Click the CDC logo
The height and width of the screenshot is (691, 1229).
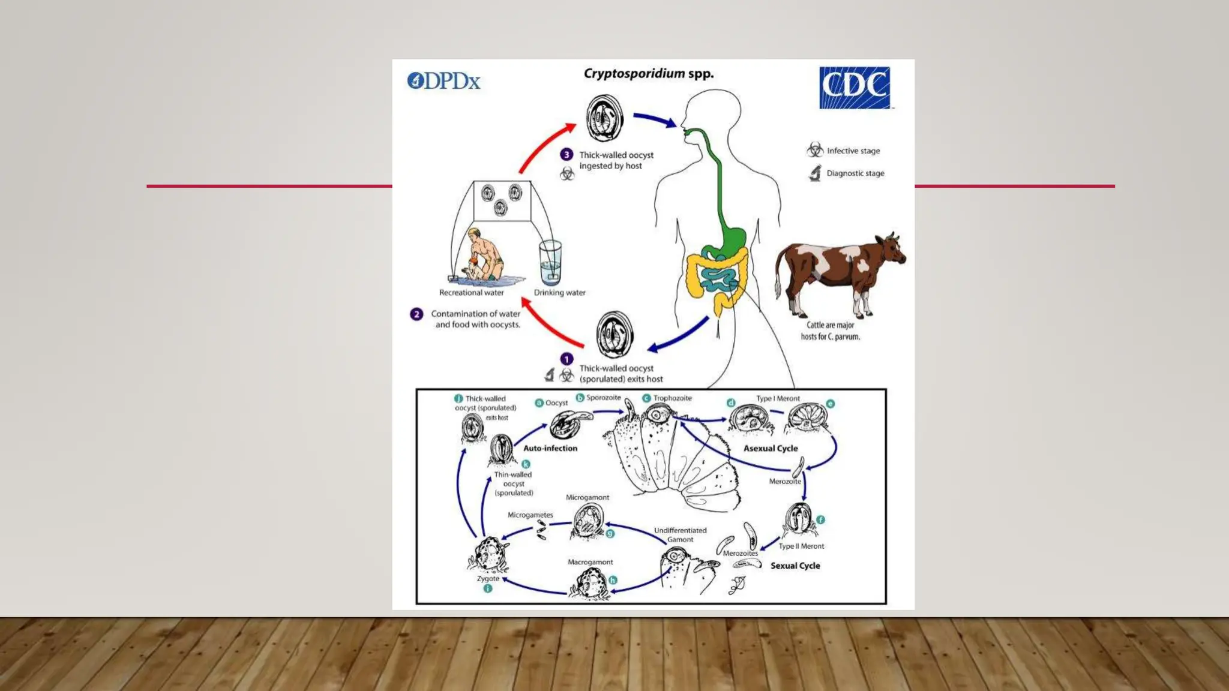tap(855, 88)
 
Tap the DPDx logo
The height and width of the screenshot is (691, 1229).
tap(444, 81)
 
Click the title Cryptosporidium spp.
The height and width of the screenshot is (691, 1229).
tap(649, 74)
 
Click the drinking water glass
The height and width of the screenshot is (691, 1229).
tap(550, 262)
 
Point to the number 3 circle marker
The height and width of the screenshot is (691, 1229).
tap(566, 155)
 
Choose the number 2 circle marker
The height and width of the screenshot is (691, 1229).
tap(416, 314)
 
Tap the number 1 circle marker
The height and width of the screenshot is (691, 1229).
tap(566, 359)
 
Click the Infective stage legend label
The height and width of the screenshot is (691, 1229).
tap(853, 151)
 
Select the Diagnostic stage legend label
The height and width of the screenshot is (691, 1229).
tap(855, 173)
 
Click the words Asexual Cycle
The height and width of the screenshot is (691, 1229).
tap(771, 449)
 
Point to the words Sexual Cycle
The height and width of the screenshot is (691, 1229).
tap(795, 566)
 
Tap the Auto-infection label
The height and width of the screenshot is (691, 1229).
tap(550, 448)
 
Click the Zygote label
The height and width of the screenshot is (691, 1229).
tap(488, 579)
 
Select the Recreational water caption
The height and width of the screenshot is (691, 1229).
tap(471, 293)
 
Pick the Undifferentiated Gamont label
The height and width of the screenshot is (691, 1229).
tap(680, 535)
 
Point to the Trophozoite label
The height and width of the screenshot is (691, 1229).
tap(672, 398)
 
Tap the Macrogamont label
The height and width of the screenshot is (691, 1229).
tap(590, 562)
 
